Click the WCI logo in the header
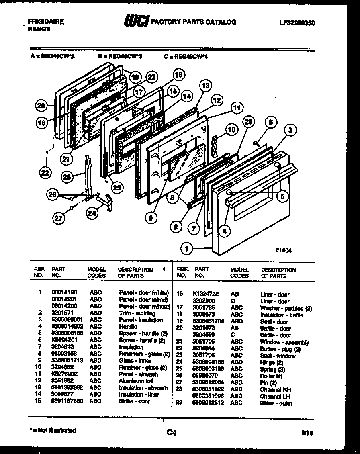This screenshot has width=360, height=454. click(x=136, y=21)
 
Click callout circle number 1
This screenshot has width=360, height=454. click(x=186, y=249)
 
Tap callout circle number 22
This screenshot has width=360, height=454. click(x=46, y=173)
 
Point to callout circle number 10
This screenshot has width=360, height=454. click(x=231, y=130)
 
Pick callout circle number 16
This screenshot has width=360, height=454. click(x=178, y=75)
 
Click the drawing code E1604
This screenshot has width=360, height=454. click(x=283, y=250)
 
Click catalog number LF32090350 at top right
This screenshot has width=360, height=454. click(x=297, y=23)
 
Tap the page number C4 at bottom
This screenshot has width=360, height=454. click(x=171, y=432)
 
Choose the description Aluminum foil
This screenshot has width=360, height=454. click(x=136, y=381)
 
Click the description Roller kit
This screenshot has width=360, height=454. click(x=271, y=376)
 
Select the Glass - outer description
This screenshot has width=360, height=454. click(x=276, y=403)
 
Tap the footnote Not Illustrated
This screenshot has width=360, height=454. click(x=55, y=430)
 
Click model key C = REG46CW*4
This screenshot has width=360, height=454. click(x=186, y=57)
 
